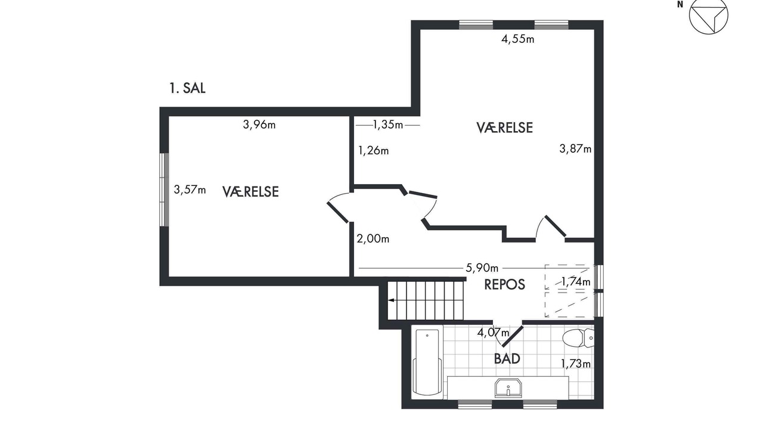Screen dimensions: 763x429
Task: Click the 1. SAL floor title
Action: [187, 88]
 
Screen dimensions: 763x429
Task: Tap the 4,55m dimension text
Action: [518, 39]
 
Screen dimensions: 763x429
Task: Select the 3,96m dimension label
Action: [259, 125]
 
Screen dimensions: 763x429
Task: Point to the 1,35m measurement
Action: [388, 125]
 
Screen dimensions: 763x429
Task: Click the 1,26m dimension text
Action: [373, 151]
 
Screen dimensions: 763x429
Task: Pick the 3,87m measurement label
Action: [575, 149]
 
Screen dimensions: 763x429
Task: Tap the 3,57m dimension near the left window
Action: [190, 189]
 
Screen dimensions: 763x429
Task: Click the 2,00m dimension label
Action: [373, 239]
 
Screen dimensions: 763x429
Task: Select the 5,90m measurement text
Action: [482, 268]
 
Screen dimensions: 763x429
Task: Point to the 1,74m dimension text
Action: [576, 282]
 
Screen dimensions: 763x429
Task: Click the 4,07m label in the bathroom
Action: [493, 332]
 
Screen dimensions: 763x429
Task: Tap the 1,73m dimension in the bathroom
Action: [576, 364]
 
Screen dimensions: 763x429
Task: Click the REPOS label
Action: [504, 285]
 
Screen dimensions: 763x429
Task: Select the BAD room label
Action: [507, 359]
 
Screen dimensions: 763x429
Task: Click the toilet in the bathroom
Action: [578, 338]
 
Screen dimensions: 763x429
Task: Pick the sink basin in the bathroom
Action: [508, 388]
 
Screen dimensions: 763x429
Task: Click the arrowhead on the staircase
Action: [392, 300]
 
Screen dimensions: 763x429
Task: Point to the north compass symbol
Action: [709, 15]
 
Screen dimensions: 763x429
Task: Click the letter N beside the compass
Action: [680, 5]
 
